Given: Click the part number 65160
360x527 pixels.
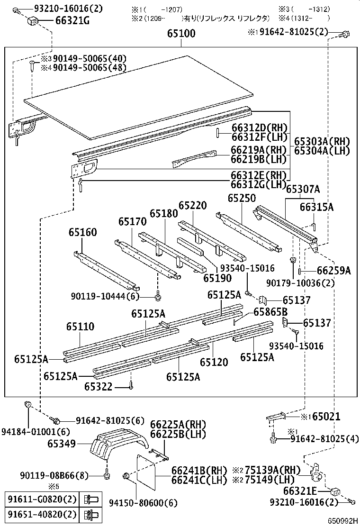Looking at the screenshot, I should point(82,232).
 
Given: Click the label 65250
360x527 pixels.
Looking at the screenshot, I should point(242,198).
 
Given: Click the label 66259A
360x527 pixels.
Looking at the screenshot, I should point(333,271).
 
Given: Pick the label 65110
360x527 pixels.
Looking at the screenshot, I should point(80,327).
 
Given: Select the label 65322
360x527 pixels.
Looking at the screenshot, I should point(99,387).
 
